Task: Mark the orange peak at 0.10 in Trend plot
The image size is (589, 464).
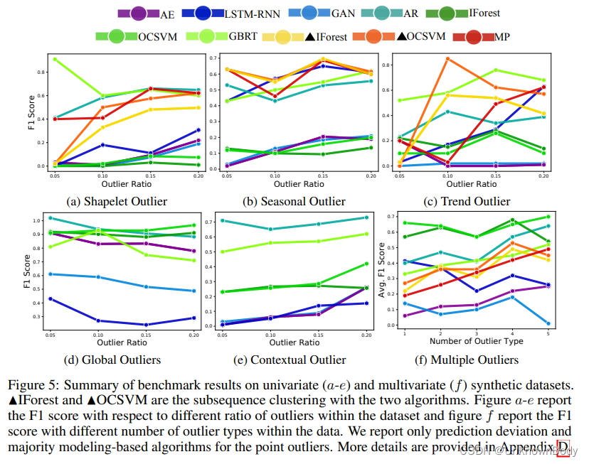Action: pyautogui.click(x=447, y=59)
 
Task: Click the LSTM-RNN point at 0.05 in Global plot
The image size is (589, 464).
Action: pyautogui.click(x=50, y=298)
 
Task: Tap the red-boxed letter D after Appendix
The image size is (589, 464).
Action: pyautogui.click(x=563, y=448)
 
